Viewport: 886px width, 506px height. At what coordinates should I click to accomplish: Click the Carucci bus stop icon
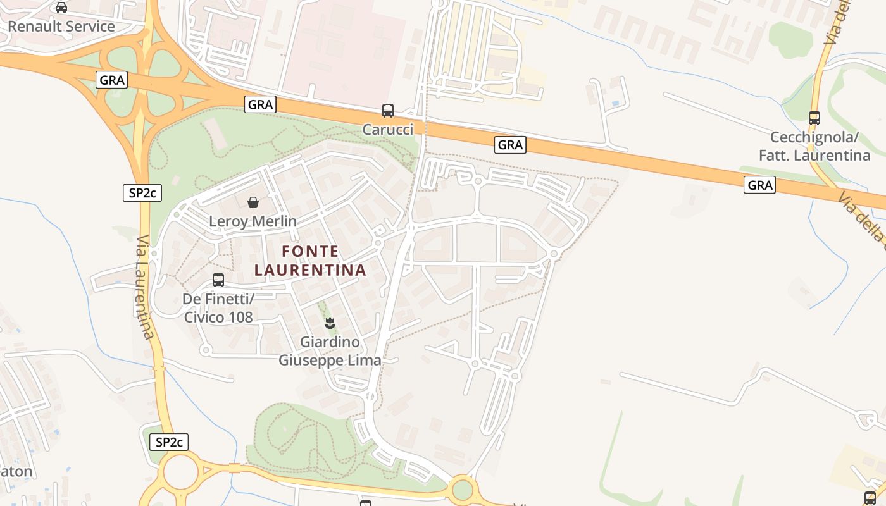coord(388,111)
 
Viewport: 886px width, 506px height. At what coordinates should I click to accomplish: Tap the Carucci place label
coord(388,130)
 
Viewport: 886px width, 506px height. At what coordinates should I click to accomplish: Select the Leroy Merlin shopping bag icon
coord(253,202)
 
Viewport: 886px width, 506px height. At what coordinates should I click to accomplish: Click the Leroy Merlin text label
coord(253,221)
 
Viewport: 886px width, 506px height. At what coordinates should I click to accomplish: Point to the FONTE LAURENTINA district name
coord(310,261)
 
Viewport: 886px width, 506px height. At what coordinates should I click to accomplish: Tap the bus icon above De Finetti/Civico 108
coord(218,280)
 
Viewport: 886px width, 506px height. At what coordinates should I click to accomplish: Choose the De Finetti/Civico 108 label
coord(218,307)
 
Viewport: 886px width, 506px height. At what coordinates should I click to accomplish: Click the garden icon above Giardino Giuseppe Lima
coord(330,323)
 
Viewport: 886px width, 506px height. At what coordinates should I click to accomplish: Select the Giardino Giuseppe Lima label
coord(330,351)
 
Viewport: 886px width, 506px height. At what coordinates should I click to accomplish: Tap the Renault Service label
coord(61,27)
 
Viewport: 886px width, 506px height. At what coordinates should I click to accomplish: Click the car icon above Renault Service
coord(61,8)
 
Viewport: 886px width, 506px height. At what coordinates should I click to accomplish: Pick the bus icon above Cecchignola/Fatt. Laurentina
coord(814,118)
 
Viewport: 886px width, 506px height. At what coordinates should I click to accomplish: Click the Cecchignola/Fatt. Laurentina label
coord(814,146)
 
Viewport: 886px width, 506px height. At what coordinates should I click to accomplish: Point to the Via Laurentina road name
coord(144,288)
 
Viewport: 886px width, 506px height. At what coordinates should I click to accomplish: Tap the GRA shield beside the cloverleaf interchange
coord(112,80)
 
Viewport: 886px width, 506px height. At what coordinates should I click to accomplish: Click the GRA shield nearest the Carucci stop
coord(260,104)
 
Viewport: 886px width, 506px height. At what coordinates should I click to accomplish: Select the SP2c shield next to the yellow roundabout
coord(169,442)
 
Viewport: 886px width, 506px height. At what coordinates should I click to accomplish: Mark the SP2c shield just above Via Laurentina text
coord(142,193)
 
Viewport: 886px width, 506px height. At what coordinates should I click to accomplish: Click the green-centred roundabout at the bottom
coord(463,490)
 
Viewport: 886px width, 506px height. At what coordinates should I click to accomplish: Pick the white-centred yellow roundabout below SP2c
coord(181,472)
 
